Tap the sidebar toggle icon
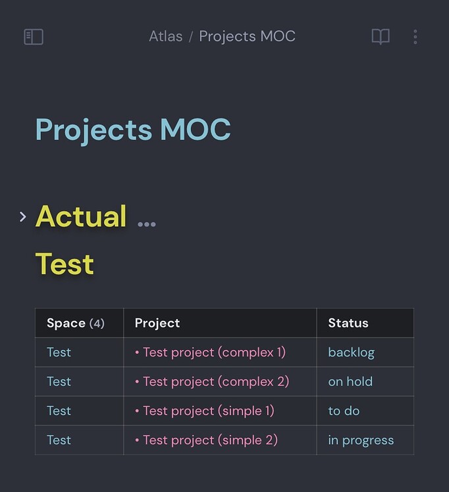tap(34, 37)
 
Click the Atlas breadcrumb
tap(165, 36)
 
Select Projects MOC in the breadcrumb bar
tap(247, 36)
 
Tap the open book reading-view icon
tap(381, 37)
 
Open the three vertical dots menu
tap(415, 37)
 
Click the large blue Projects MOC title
tap(133, 129)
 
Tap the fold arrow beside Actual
tap(23, 216)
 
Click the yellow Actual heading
tap(81, 216)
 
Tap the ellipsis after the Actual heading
tap(146, 224)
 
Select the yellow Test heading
tap(65, 264)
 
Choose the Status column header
tap(348, 323)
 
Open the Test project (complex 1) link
tap(214, 353)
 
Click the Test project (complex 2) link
tap(215, 381)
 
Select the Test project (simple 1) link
tap(208, 411)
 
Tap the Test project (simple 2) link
tap(210, 440)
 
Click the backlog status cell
tap(351, 353)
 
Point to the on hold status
tap(350, 381)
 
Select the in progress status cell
tap(361, 440)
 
